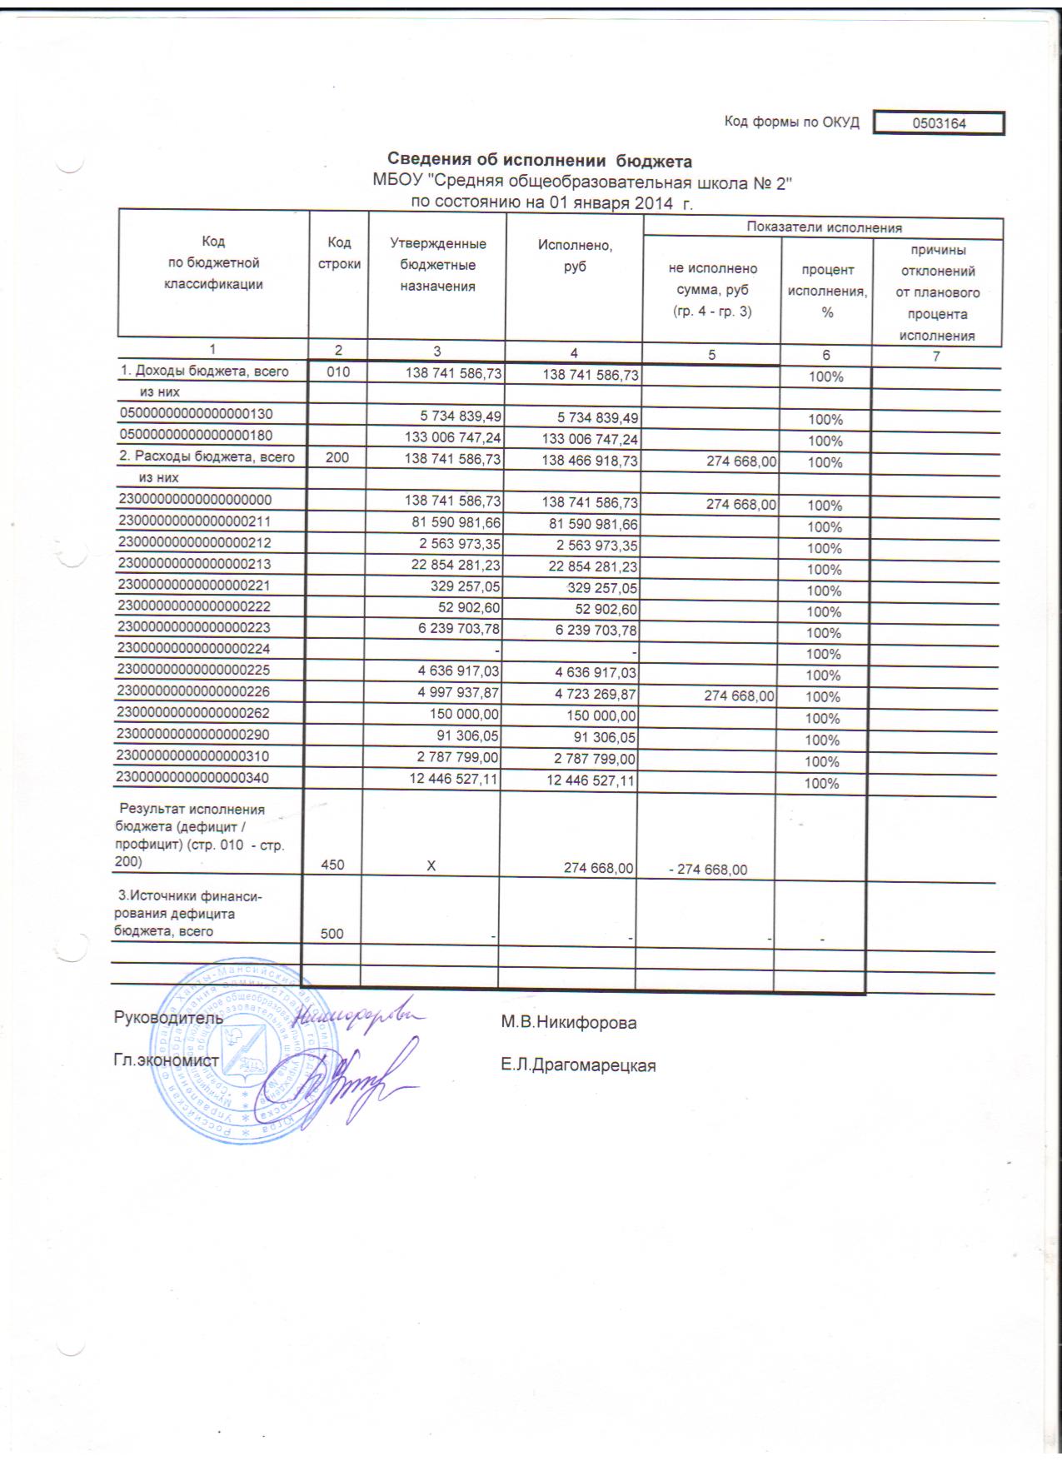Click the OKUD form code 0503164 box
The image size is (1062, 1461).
[x=939, y=122]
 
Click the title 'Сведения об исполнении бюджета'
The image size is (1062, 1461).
[x=541, y=160]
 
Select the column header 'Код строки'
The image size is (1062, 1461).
[x=339, y=253]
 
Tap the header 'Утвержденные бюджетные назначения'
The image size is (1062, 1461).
[x=437, y=265]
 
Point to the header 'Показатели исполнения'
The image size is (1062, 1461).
[x=824, y=227]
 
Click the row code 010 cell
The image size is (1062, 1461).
[x=338, y=372]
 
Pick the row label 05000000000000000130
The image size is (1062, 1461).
[x=197, y=414]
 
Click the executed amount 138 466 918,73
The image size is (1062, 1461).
[x=591, y=462]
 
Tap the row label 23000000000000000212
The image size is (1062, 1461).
[x=197, y=543]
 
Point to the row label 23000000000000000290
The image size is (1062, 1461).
[x=197, y=735]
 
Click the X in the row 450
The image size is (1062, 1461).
[x=431, y=866]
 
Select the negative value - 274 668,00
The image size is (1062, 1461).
[x=709, y=870]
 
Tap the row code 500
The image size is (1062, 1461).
[x=332, y=934]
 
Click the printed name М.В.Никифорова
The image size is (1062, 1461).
[x=569, y=1023]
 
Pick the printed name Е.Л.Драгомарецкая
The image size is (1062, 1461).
[x=578, y=1065]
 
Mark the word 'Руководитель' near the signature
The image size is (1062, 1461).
[x=168, y=1017]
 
